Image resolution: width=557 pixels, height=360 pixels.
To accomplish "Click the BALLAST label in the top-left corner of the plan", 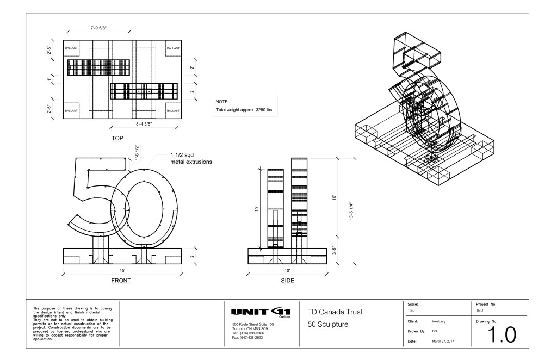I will click(71, 48).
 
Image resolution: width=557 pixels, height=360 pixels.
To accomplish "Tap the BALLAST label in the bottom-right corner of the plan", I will click(172, 111).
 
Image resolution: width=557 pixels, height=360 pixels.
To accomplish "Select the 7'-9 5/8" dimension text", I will click(102, 27).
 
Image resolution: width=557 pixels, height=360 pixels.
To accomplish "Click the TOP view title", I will click(117, 139).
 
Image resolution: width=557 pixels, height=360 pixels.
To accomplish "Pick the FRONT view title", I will click(121, 281).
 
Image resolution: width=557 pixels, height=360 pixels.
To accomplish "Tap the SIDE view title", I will click(287, 281).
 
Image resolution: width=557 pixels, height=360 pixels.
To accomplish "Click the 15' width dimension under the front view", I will click(123, 270).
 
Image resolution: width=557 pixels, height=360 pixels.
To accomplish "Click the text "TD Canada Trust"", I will click(335, 312).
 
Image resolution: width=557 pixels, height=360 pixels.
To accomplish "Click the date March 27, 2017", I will click(443, 340).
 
